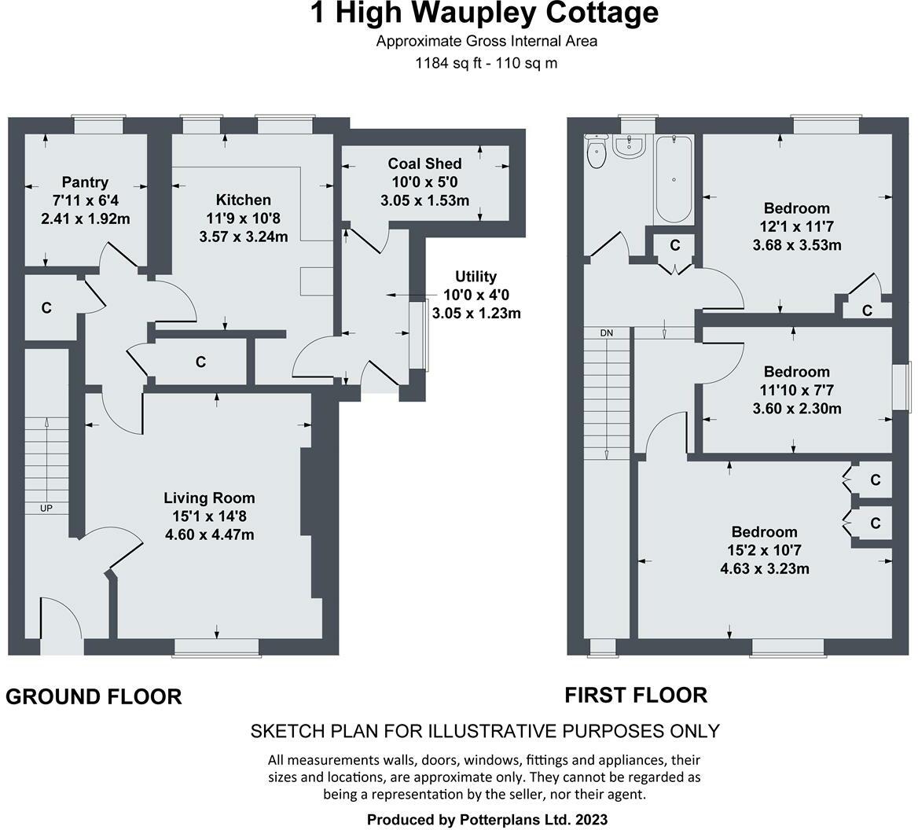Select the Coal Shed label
click(x=424, y=163)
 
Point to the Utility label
click(x=476, y=277)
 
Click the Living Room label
click(x=209, y=498)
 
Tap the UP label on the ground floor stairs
click(x=46, y=509)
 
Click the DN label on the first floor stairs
click(x=606, y=333)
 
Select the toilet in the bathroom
click(x=597, y=153)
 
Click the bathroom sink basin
click(x=630, y=145)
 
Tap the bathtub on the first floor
click(x=674, y=179)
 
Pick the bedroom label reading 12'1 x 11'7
click(x=796, y=226)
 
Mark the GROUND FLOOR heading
click(x=94, y=696)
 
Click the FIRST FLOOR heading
click(x=636, y=695)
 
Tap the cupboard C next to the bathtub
click(x=674, y=245)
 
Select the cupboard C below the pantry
click(x=46, y=308)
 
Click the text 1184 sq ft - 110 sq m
click(x=486, y=63)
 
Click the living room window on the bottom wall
click(x=216, y=646)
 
